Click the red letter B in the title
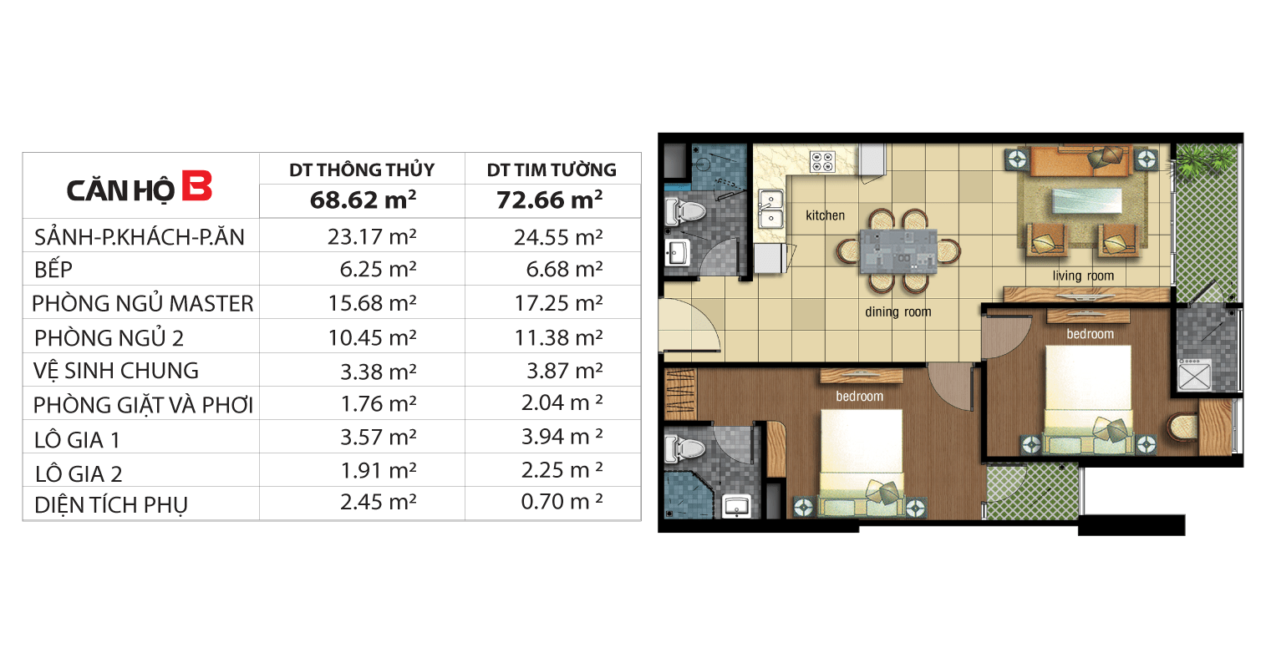click(196, 185)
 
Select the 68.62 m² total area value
click(363, 200)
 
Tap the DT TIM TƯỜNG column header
click(552, 170)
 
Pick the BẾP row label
click(53, 269)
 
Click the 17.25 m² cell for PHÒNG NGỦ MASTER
click(558, 303)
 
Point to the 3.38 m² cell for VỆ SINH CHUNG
click(378, 372)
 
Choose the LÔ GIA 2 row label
click(79, 473)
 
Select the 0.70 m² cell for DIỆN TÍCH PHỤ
click(562, 502)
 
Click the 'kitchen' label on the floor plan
click(825, 215)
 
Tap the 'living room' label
click(1083, 276)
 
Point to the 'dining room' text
click(898, 311)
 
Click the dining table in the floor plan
click(898, 251)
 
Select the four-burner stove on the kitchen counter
click(822, 161)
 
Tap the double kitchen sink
click(771, 209)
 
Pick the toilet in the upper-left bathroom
click(685, 212)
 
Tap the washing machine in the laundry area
click(1194, 375)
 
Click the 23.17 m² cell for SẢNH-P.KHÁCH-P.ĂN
click(372, 236)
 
